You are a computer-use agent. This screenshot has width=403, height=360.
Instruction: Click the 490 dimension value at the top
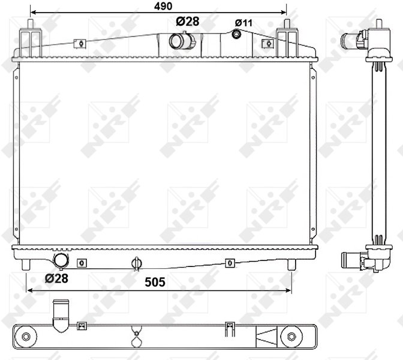163,6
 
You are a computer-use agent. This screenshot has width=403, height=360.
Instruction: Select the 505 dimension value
155,282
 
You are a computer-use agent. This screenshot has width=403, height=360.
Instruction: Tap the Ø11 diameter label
243,23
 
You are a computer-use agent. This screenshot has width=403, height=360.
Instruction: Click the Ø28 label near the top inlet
188,22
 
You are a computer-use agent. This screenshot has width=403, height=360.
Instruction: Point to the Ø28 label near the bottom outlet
56,278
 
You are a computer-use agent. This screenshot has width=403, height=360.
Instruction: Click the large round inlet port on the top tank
177,41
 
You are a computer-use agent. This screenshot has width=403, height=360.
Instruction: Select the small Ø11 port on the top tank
236,34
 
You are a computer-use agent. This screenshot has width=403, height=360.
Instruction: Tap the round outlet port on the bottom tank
61,260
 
